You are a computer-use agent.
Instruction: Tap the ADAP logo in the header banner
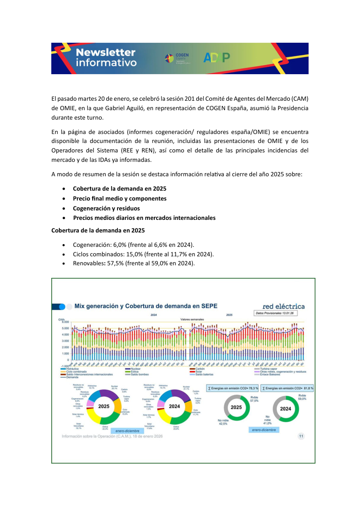[216, 58]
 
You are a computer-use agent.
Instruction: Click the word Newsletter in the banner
[105, 52]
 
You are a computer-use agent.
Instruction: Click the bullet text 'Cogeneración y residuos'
[106, 208]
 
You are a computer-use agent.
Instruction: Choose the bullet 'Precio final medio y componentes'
[120, 198]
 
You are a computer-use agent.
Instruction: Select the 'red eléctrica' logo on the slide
[283, 306]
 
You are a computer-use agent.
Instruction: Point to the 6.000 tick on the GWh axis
[64, 322]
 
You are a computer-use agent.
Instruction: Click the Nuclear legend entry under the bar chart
[134, 369]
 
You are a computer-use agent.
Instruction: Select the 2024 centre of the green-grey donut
[285, 409]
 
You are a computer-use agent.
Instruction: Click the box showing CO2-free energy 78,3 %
[232, 388]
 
